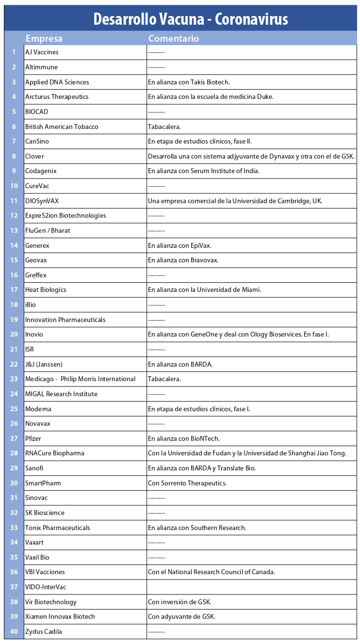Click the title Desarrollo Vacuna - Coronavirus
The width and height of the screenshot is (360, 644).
(191, 19)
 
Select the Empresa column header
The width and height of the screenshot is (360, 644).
(44, 39)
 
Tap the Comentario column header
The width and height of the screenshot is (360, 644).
(173, 39)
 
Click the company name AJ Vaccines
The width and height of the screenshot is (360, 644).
(42, 52)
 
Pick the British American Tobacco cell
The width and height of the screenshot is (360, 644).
(62, 127)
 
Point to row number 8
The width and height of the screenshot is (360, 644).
(14, 156)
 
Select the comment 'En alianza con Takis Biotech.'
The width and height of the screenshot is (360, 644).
(189, 82)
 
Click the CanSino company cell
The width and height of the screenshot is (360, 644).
(37, 141)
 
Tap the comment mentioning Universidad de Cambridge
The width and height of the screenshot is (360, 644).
(235, 201)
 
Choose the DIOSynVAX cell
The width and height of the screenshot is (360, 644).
(42, 201)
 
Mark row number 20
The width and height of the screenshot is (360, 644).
(14, 335)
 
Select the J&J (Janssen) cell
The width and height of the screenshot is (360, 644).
(44, 364)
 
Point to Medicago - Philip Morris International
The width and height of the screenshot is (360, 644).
(80, 379)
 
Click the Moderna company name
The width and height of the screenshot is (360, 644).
(38, 409)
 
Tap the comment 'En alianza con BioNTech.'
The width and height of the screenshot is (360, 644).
(184, 438)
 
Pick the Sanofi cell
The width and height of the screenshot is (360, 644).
(34, 468)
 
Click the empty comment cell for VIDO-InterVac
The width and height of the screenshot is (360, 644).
(251, 587)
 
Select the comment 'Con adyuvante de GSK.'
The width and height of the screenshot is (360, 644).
(181, 616)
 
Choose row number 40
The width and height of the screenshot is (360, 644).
(14, 631)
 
